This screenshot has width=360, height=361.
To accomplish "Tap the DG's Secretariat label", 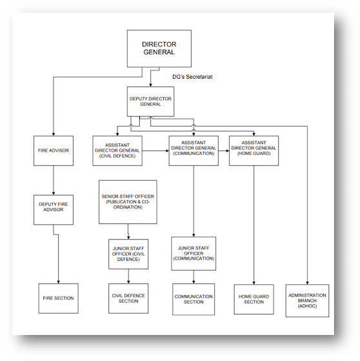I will point(192,77).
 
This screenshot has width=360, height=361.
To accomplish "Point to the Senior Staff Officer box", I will point(128,201).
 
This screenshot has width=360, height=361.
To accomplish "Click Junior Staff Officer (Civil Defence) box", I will point(128,253).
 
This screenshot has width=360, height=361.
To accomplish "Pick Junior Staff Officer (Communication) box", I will point(194,253).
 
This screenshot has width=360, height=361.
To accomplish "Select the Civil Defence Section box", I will point(128,298).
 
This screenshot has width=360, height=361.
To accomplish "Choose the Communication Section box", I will point(194,298).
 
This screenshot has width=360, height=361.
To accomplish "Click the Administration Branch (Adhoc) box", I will point(307,300).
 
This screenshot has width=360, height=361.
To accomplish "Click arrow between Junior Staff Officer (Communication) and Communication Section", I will point(194,276).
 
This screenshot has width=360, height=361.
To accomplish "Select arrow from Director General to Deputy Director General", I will point(150,77).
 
